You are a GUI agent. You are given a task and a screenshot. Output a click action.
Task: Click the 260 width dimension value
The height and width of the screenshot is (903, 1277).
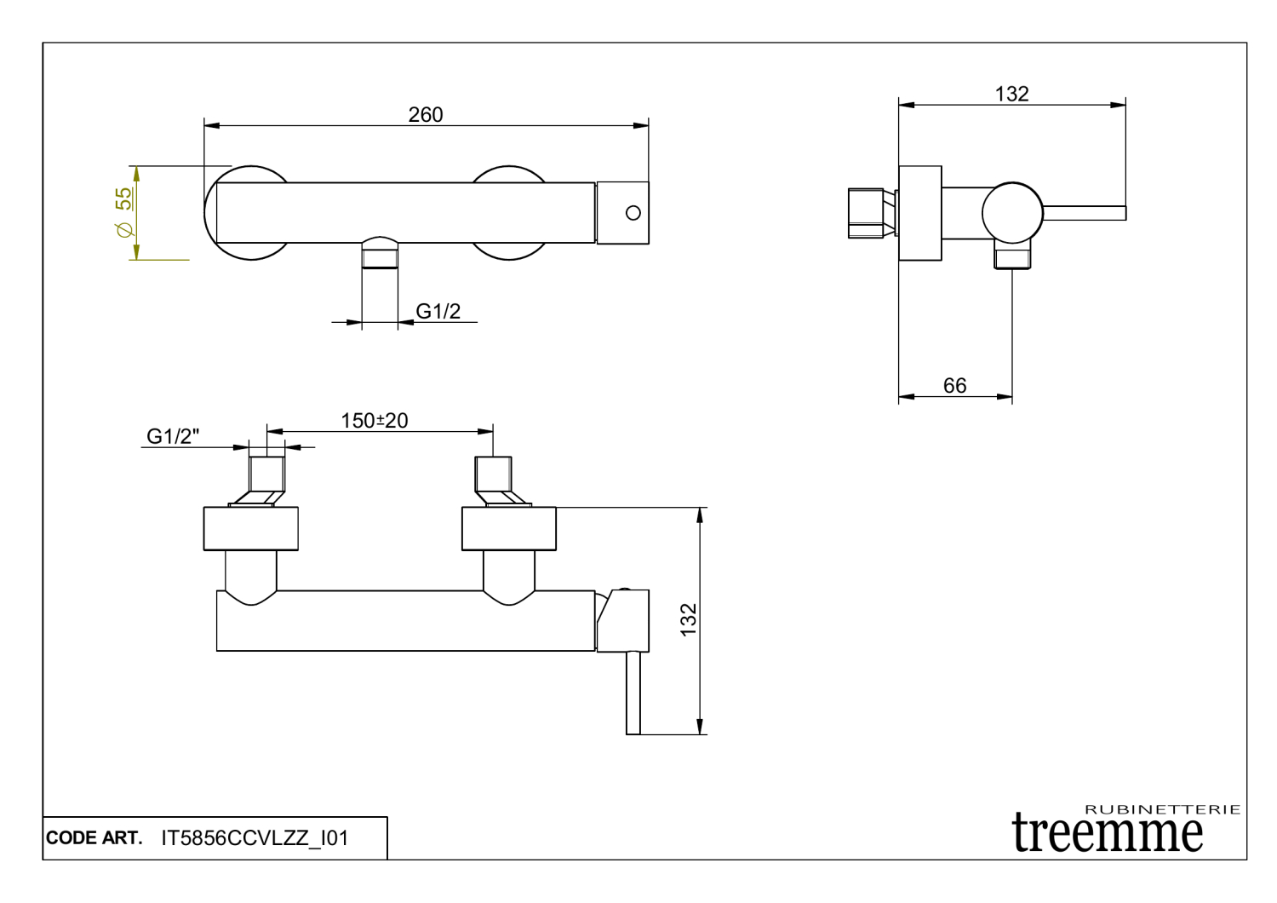coord(425,114)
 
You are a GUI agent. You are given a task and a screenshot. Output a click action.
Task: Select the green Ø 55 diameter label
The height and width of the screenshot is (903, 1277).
coord(124,212)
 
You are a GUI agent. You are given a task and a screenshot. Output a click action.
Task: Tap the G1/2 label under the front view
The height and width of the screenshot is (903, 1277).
coord(438,312)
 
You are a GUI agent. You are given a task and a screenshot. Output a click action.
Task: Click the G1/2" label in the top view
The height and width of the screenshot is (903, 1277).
coord(173,436)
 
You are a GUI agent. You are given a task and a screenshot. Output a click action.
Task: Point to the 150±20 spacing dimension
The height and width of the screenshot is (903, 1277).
coord(374,421)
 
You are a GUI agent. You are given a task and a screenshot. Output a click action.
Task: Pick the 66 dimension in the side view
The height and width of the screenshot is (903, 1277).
coord(954,386)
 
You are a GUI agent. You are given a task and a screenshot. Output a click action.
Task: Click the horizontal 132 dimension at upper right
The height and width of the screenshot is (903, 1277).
coord(1011,94)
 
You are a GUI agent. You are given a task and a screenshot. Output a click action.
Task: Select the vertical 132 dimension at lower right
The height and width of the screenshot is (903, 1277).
coord(689,619)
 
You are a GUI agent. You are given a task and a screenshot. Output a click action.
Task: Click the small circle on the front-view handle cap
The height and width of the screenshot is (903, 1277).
coord(633,213)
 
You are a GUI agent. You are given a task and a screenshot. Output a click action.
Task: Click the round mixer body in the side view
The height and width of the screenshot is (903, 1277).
coord(1011,213)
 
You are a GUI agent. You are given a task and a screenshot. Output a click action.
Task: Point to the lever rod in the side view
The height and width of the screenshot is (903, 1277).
coord(1085,213)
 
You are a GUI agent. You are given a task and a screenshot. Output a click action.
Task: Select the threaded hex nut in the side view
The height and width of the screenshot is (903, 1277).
coord(868,213)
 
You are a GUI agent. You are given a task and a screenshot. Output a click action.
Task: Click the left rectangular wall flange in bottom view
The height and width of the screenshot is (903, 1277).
coord(250,529)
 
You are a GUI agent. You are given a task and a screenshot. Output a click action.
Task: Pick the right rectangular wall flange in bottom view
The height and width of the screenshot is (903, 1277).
coord(508,529)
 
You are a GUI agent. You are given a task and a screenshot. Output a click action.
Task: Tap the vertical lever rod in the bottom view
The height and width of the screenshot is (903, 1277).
coord(633,692)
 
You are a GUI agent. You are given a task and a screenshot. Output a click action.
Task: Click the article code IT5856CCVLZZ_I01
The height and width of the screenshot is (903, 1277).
coord(255,838)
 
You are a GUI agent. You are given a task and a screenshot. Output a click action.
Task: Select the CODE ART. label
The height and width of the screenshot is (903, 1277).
coord(94,838)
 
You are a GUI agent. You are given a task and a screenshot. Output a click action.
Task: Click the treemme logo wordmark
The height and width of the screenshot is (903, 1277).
coord(1108,833)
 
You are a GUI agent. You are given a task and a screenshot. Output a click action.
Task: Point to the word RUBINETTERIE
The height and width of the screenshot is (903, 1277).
coord(1162,809)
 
